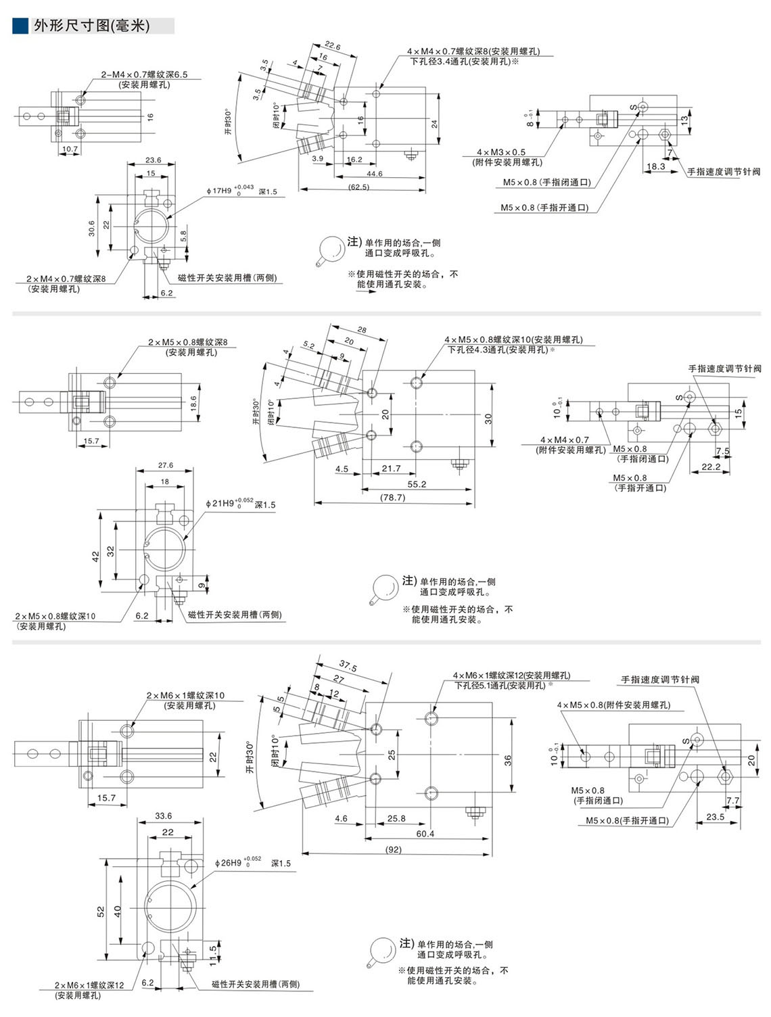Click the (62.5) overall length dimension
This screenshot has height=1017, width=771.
point(358,187)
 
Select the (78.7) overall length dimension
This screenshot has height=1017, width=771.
point(392,497)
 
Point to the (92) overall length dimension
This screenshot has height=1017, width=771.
point(394,849)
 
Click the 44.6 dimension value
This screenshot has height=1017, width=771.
point(375,174)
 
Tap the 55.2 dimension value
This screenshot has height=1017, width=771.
point(417,484)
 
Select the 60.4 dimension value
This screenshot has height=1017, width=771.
point(425,834)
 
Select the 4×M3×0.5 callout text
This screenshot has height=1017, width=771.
point(500,152)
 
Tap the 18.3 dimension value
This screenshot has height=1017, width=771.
point(655,166)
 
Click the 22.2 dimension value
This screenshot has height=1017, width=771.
point(711,467)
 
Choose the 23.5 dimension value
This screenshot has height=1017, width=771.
point(715,816)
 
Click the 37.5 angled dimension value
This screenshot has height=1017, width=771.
point(348,666)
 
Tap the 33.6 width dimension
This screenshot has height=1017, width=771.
point(164,815)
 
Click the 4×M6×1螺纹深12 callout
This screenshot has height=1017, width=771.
point(511,675)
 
